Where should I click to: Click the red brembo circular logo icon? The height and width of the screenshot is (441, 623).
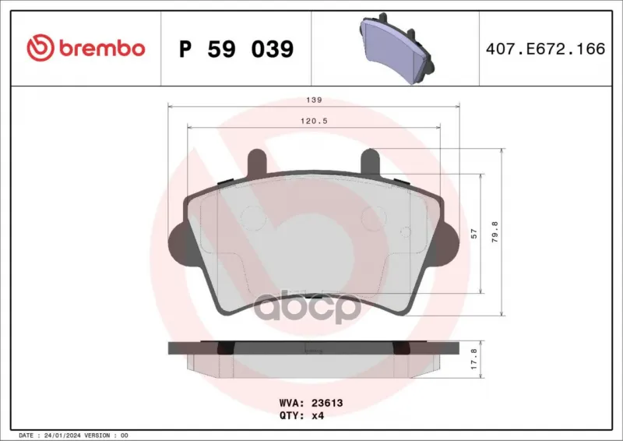click(40, 48)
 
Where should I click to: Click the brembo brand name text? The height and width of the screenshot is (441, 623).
click(102, 48)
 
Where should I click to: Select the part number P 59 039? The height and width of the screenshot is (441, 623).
click(237, 49)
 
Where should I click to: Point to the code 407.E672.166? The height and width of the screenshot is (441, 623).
click(546, 48)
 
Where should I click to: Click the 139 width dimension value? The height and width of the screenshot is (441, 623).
click(314, 100)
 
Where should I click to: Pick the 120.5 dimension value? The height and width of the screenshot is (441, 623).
click(314, 121)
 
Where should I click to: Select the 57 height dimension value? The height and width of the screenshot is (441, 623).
click(473, 234)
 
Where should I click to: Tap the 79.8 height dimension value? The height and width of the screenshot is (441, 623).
click(495, 232)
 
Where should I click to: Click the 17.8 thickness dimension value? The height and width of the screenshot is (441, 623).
click(473, 359)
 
